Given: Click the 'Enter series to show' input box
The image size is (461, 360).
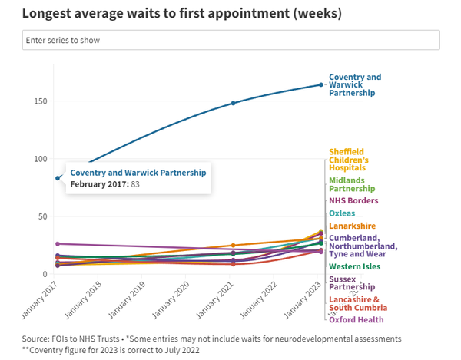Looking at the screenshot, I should tap(230, 40).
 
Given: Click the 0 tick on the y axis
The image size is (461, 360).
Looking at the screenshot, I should tap(46, 274).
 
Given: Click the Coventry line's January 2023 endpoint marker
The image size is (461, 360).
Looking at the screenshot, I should tap(321, 85).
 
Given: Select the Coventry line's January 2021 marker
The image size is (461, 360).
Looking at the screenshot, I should tap(233, 103).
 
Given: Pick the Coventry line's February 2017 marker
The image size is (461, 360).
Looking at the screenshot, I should tap(58, 178).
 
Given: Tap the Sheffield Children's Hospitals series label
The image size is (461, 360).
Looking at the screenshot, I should tap(347, 159).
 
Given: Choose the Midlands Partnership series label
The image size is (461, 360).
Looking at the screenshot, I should tap(352, 184).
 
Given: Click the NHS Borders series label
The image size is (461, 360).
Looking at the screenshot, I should tap(353, 201).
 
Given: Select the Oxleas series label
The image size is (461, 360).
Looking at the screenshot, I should tap(342, 213).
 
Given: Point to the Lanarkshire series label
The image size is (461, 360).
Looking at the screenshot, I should tap(351, 226).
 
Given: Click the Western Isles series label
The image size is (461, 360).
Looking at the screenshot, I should tap(354, 266).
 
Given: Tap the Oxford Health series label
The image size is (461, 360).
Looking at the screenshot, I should tap(356, 320).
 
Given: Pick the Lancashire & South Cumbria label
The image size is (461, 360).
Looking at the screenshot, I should tap(353, 303).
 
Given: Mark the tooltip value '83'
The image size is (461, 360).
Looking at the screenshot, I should tap(134, 184).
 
